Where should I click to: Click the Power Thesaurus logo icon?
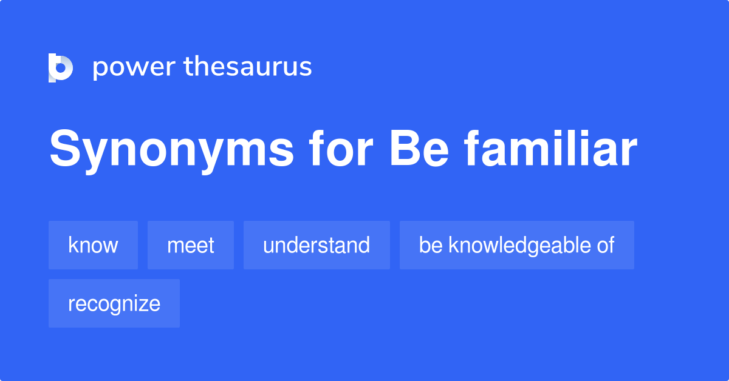61,67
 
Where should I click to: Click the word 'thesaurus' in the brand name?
248,67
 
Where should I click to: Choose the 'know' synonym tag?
93,245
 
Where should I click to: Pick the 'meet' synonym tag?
190,245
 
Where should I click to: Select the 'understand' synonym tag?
317,245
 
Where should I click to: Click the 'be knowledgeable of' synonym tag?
516,245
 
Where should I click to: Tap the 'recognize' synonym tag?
114,303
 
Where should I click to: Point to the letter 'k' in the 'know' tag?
72,245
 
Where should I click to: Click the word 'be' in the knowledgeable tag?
430,245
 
